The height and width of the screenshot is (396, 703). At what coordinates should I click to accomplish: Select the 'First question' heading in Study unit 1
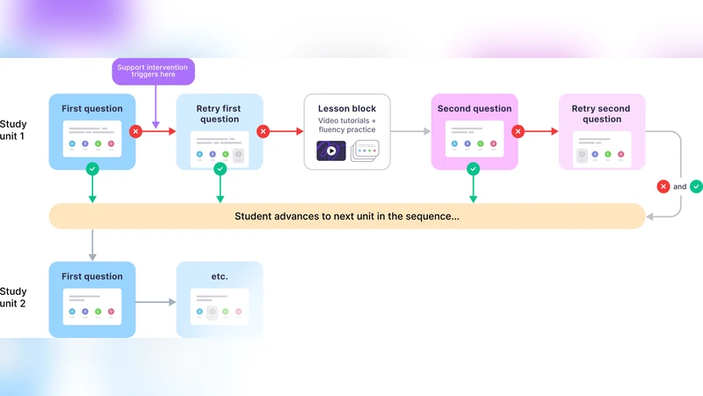coord(92,109)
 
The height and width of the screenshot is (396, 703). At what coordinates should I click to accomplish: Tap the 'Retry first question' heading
coord(220,114)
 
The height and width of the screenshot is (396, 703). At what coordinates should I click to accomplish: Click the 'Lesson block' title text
coord(346,109)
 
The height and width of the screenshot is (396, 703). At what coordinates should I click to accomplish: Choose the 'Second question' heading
coord(474,109)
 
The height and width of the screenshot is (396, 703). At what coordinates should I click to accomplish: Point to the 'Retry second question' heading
coord(602,114)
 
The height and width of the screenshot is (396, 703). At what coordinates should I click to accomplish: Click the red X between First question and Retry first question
coord(135,131)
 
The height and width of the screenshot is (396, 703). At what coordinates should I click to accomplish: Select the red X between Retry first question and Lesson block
coord(263,131)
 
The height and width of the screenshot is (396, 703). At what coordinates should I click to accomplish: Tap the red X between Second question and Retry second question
coord(518,131)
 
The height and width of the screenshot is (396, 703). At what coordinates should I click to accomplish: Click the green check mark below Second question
coord(474,168)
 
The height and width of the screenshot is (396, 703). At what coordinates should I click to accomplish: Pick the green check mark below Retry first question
coord(220,168)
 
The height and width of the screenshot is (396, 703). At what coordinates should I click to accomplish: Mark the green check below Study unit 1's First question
coord(92,168)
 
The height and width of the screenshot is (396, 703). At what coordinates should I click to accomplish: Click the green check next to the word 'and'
coord(696,187)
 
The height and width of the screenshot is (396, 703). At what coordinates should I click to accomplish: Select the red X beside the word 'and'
coord(663,187)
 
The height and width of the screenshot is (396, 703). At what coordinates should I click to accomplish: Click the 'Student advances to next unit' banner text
coord(346,216)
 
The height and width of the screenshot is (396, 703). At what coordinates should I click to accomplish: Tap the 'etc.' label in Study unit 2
coord(220,276)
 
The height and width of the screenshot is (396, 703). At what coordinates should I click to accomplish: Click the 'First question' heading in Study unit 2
coord(92,276)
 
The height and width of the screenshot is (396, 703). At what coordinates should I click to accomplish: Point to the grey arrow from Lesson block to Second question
coord(411,131)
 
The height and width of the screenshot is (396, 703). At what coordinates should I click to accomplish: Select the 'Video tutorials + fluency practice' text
coord(346,124)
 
